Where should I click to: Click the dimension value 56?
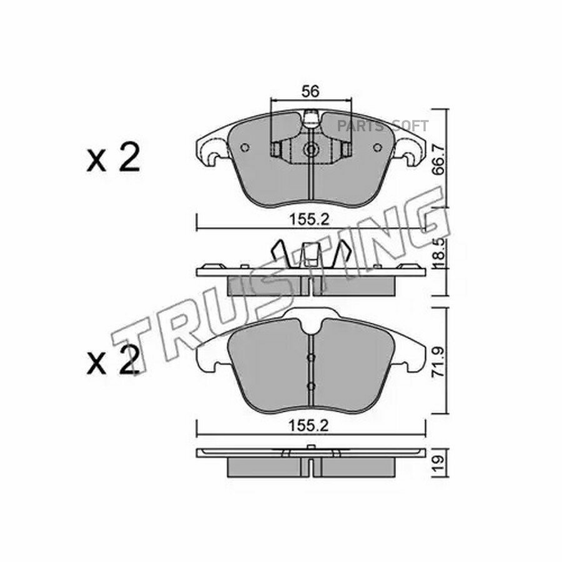pyautogui.click(x=310, y=92)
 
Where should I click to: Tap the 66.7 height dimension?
pyautogui.click(x=438, y=158)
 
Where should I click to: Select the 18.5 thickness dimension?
pyautogui.click(x=438, y=254)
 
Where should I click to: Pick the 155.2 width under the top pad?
pyautogui.click(x=309, y=219)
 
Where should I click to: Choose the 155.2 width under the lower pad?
pyautogui.click(x=308, y=426)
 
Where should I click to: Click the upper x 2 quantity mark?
pyautogui.click(x=113, y=158)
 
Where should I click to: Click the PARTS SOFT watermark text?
pyautogui.click(x=382, y=126)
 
